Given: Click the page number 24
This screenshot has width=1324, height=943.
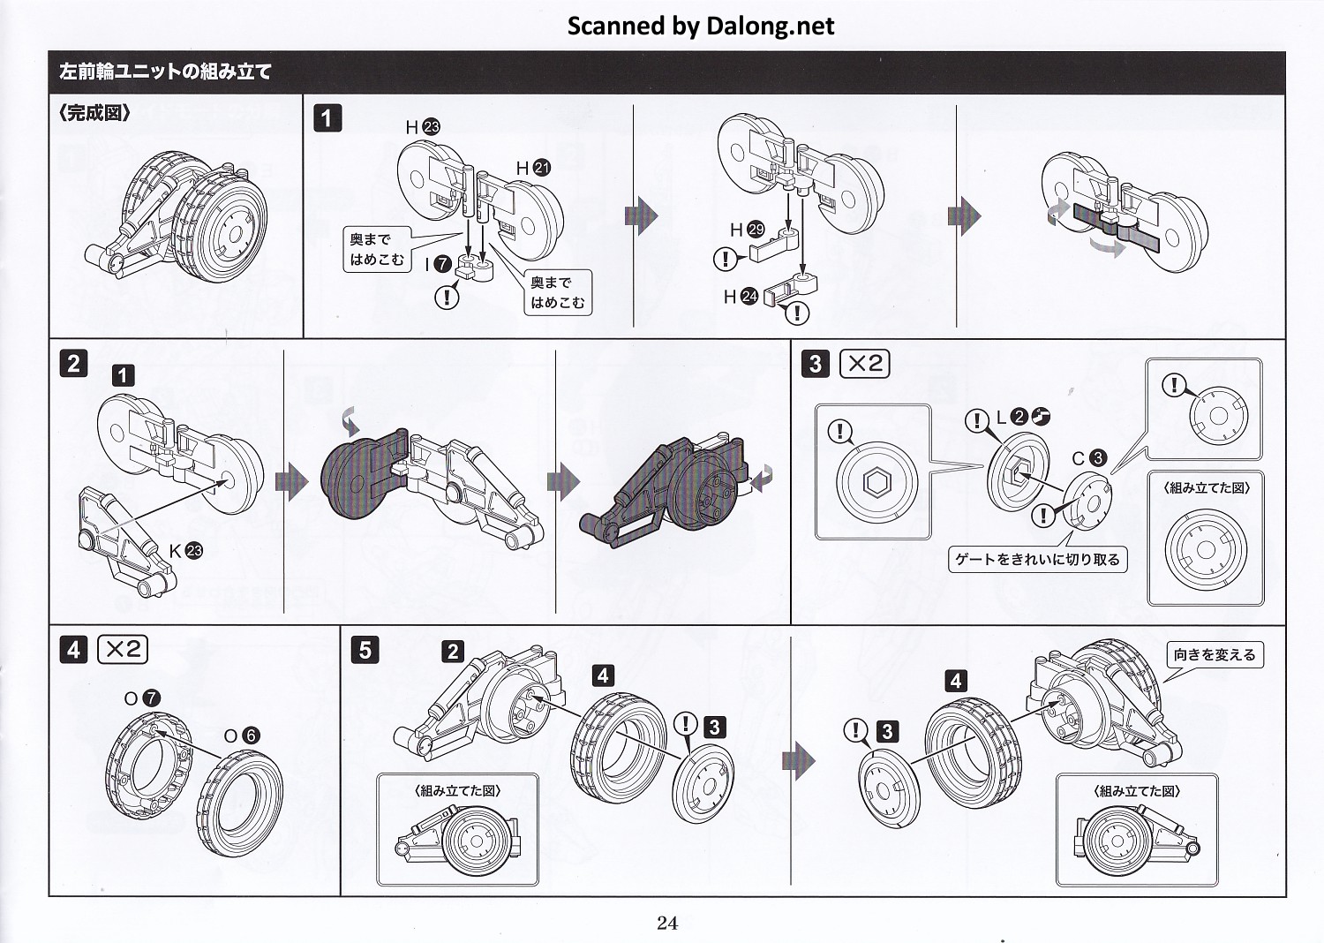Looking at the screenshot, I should pyautogui.click(x=667, y=923).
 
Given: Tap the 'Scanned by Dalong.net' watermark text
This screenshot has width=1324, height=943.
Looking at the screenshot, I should pyautogui.click(x=700, y=26).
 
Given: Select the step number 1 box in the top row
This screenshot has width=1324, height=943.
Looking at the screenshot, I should pyautogui.click(x=327, y=118).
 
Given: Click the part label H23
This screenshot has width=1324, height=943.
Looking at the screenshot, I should pyautogui.click(x=423, y=127).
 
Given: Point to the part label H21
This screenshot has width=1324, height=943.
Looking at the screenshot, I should pyautogui.click(x=533, y=168).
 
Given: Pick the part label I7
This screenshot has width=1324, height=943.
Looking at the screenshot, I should pyautogui.click(x=438, y=264).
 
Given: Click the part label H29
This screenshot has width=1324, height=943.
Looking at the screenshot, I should pyautogui.click(x=747, y=230).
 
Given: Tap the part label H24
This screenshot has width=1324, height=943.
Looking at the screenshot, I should pyautogui.click(x=741, y=297).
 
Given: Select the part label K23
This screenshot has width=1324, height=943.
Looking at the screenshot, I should pyautogui.click(x=185, y=551).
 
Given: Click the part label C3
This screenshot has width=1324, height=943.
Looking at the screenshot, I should pyautogui.click(x=1089, y=458).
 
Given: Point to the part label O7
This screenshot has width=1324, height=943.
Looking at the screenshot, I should pyautogui.click(x=142, y=698).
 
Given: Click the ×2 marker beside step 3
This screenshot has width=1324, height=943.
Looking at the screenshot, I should pyautogui.click(x=864, y=363).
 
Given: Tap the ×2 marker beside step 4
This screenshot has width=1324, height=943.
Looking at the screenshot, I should pyautogui.click(x=123, y=650).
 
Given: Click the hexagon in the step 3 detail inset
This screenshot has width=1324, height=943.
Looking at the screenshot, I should pyautogui.click(x=876, y=483).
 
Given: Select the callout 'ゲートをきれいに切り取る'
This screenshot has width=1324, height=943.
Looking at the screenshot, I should pyautogui.click(x=1037, y=559).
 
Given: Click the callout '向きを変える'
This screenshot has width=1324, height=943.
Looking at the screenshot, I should pyautogui.click(x=1214, y=655).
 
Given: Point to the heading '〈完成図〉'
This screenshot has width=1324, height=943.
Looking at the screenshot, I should pyautogui.click(x=94, y=113).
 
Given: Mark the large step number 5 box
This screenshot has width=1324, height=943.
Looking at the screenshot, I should pyautogui.click(x=365, y=650).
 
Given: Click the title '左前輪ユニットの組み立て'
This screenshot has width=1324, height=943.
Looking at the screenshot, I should pyautogui.click(x=165, y=72).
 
